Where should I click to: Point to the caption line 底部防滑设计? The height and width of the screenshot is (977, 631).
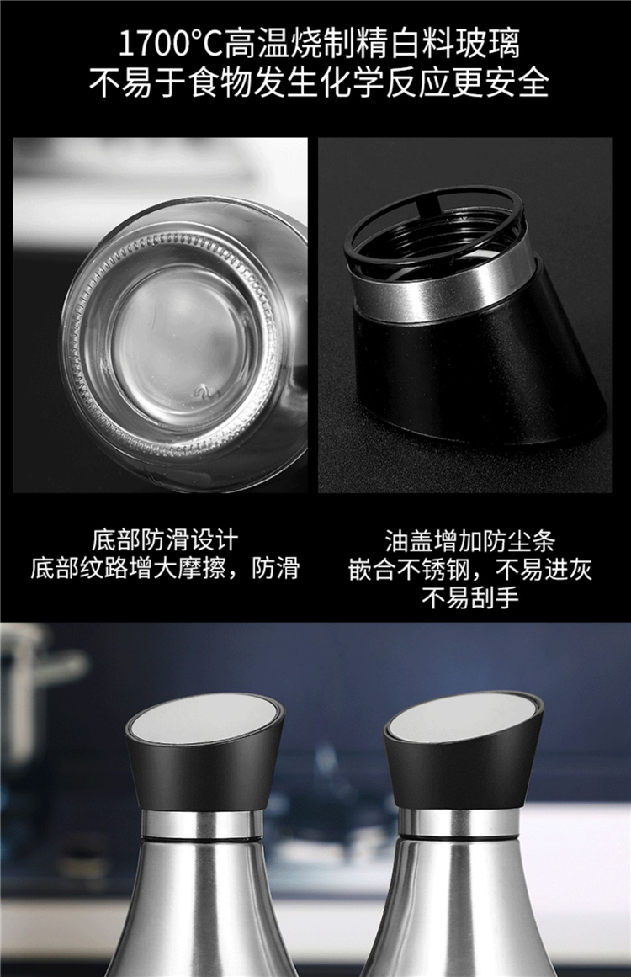[165, 539]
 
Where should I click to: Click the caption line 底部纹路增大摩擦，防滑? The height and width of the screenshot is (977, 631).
[165, 568]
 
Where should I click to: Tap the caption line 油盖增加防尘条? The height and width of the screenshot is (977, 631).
[469, 540]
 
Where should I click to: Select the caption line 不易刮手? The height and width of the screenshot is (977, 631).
[470, 597]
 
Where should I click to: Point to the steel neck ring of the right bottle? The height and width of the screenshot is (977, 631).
[459, 822]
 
